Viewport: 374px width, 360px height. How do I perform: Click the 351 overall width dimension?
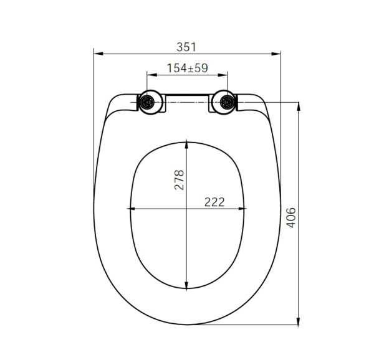[186, 47]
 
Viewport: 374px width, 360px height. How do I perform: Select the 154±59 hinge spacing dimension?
[187, 68]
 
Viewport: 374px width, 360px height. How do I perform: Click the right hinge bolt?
[227, 102]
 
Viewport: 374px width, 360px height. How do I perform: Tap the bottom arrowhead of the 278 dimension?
[187, 287]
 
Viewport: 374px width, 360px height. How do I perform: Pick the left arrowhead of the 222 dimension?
[130, 209]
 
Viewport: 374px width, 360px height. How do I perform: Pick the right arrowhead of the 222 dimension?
[244, 209]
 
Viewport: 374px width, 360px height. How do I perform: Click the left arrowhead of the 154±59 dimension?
[149, 75]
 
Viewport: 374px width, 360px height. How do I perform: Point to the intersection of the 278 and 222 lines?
[187, 209]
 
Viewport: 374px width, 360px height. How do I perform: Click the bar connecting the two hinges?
[187, 98]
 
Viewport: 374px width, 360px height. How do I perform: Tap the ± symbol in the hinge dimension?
[190, 68]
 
